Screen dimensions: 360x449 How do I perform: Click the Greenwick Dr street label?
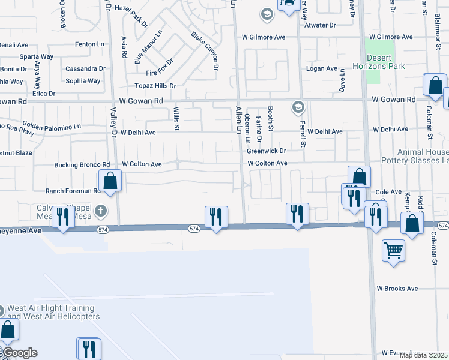pos(266,151)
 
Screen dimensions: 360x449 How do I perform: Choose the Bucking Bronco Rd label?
pos(82,164)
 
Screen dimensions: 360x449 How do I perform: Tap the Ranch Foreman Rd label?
pos(73,191)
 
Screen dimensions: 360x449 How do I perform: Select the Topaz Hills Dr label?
pos(155,86)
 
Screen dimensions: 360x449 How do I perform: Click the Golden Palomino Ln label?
pos(52,127)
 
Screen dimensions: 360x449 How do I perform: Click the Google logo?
pos(19,353)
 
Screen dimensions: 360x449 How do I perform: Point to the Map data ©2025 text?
pos(424,355)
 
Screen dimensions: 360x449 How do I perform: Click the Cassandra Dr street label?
pos(85,68)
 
